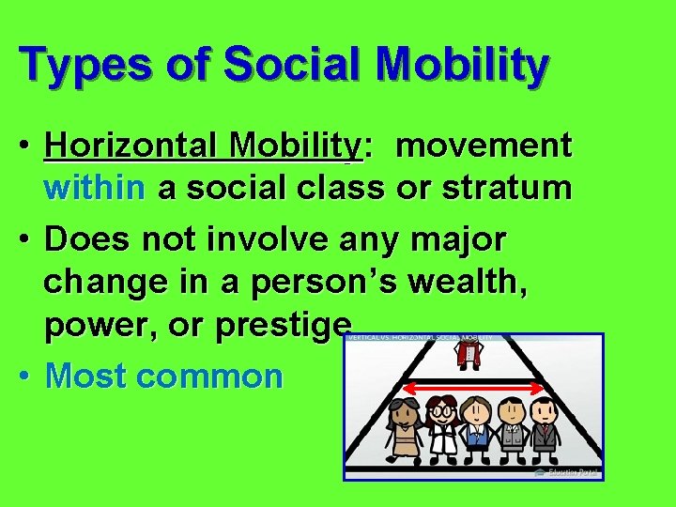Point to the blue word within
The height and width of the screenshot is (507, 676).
(95, 188)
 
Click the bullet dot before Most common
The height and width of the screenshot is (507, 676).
(27, 376)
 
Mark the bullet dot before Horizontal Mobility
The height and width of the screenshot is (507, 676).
(27, 146)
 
